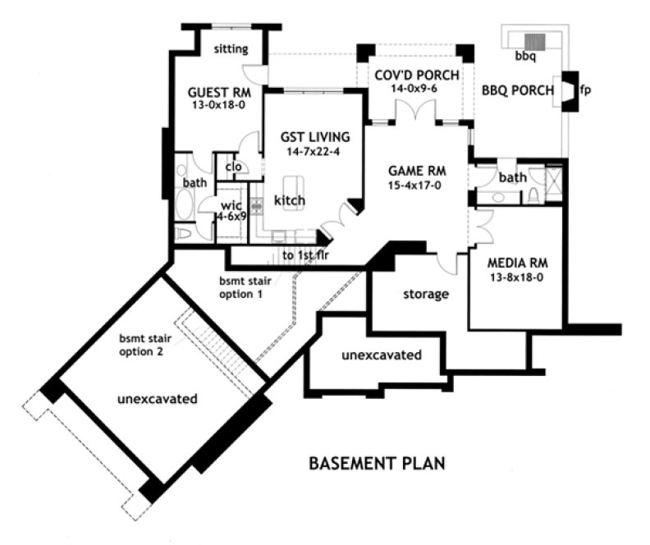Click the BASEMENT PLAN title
tap(377, 464)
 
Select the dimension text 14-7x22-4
tap(314, 153)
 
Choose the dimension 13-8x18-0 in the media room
tap(517, 278)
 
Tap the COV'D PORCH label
tap(416, 75)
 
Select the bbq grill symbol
tap(535, 41)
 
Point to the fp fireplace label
tap(585, 90)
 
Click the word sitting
tap(231, 49)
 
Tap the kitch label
tap(290, 200)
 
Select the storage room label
tap(425, 294)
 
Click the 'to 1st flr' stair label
tap(305, 255)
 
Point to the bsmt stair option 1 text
tap(241, 286)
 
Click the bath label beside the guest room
tap(195, 183)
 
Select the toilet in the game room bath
tap(534, 195)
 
